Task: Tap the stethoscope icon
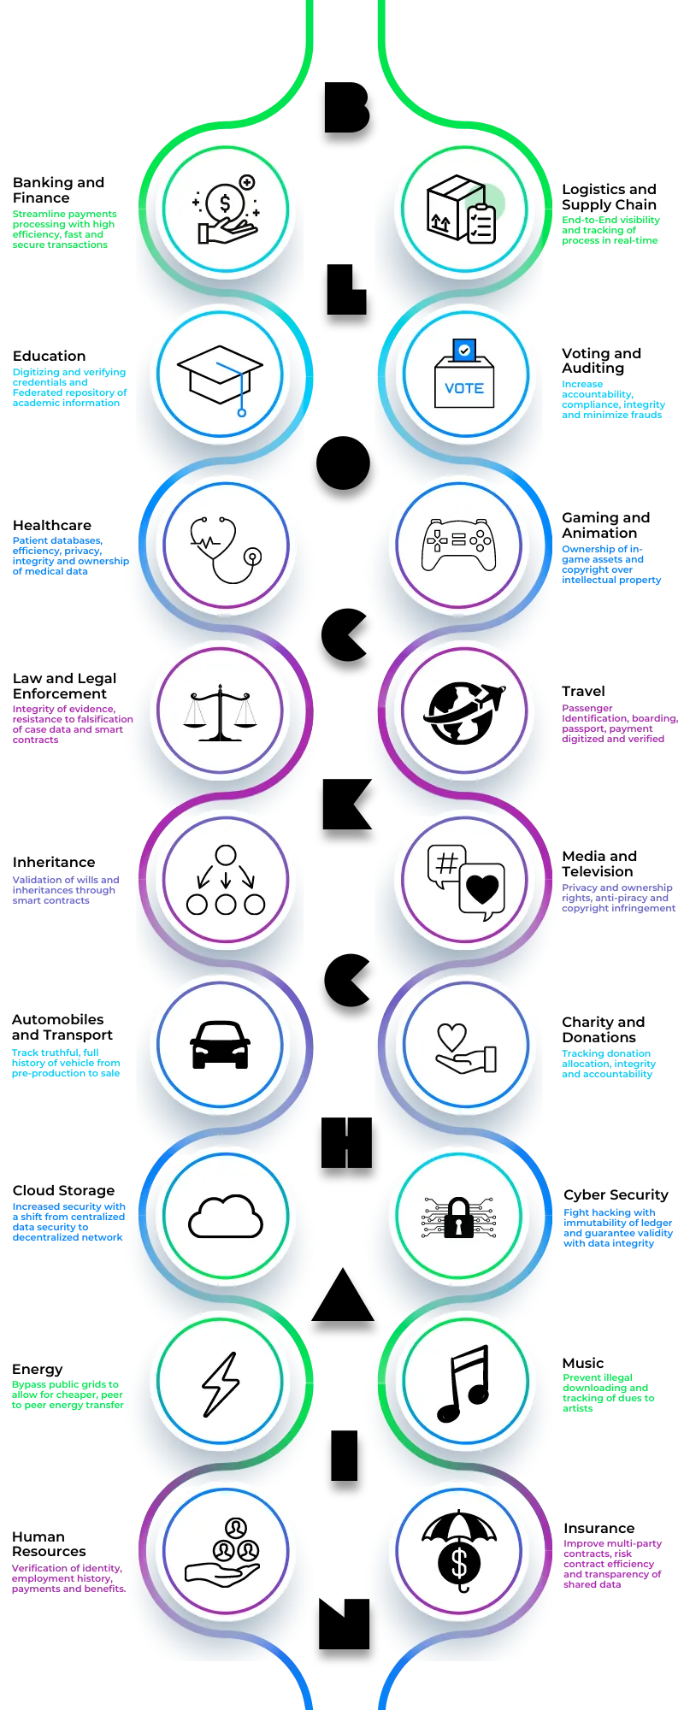pyautogui.click(x=225, y=548)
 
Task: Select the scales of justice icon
pyautogui.click(x=220, y=711)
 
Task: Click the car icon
pyautogui.click(x=221, y=1045)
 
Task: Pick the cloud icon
pyautogui.click(x=226, y=1216)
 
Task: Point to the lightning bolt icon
pyautogui.click(x=221, y=1383)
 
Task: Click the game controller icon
pyautogui.click(x=458, y=544)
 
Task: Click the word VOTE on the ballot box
pyautogui.click(x=464, y=388)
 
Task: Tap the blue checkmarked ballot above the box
pyautogui.click(x=463, y=350)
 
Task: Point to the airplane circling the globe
pyautogui.click(x=488, y=697)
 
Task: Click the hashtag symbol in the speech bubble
pyautogui.click(x=446, y=864)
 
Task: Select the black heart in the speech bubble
pyautogui.click(x=483, y=890)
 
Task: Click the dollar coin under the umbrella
pyautogui.click(x=459, y=1564)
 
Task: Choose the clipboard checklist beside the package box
pyautogui.click(x=481, y=223)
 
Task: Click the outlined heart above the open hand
pyautogui.click(x=451, y=1037)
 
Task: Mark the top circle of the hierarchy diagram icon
pyautogui.click(x=226, y=855)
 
